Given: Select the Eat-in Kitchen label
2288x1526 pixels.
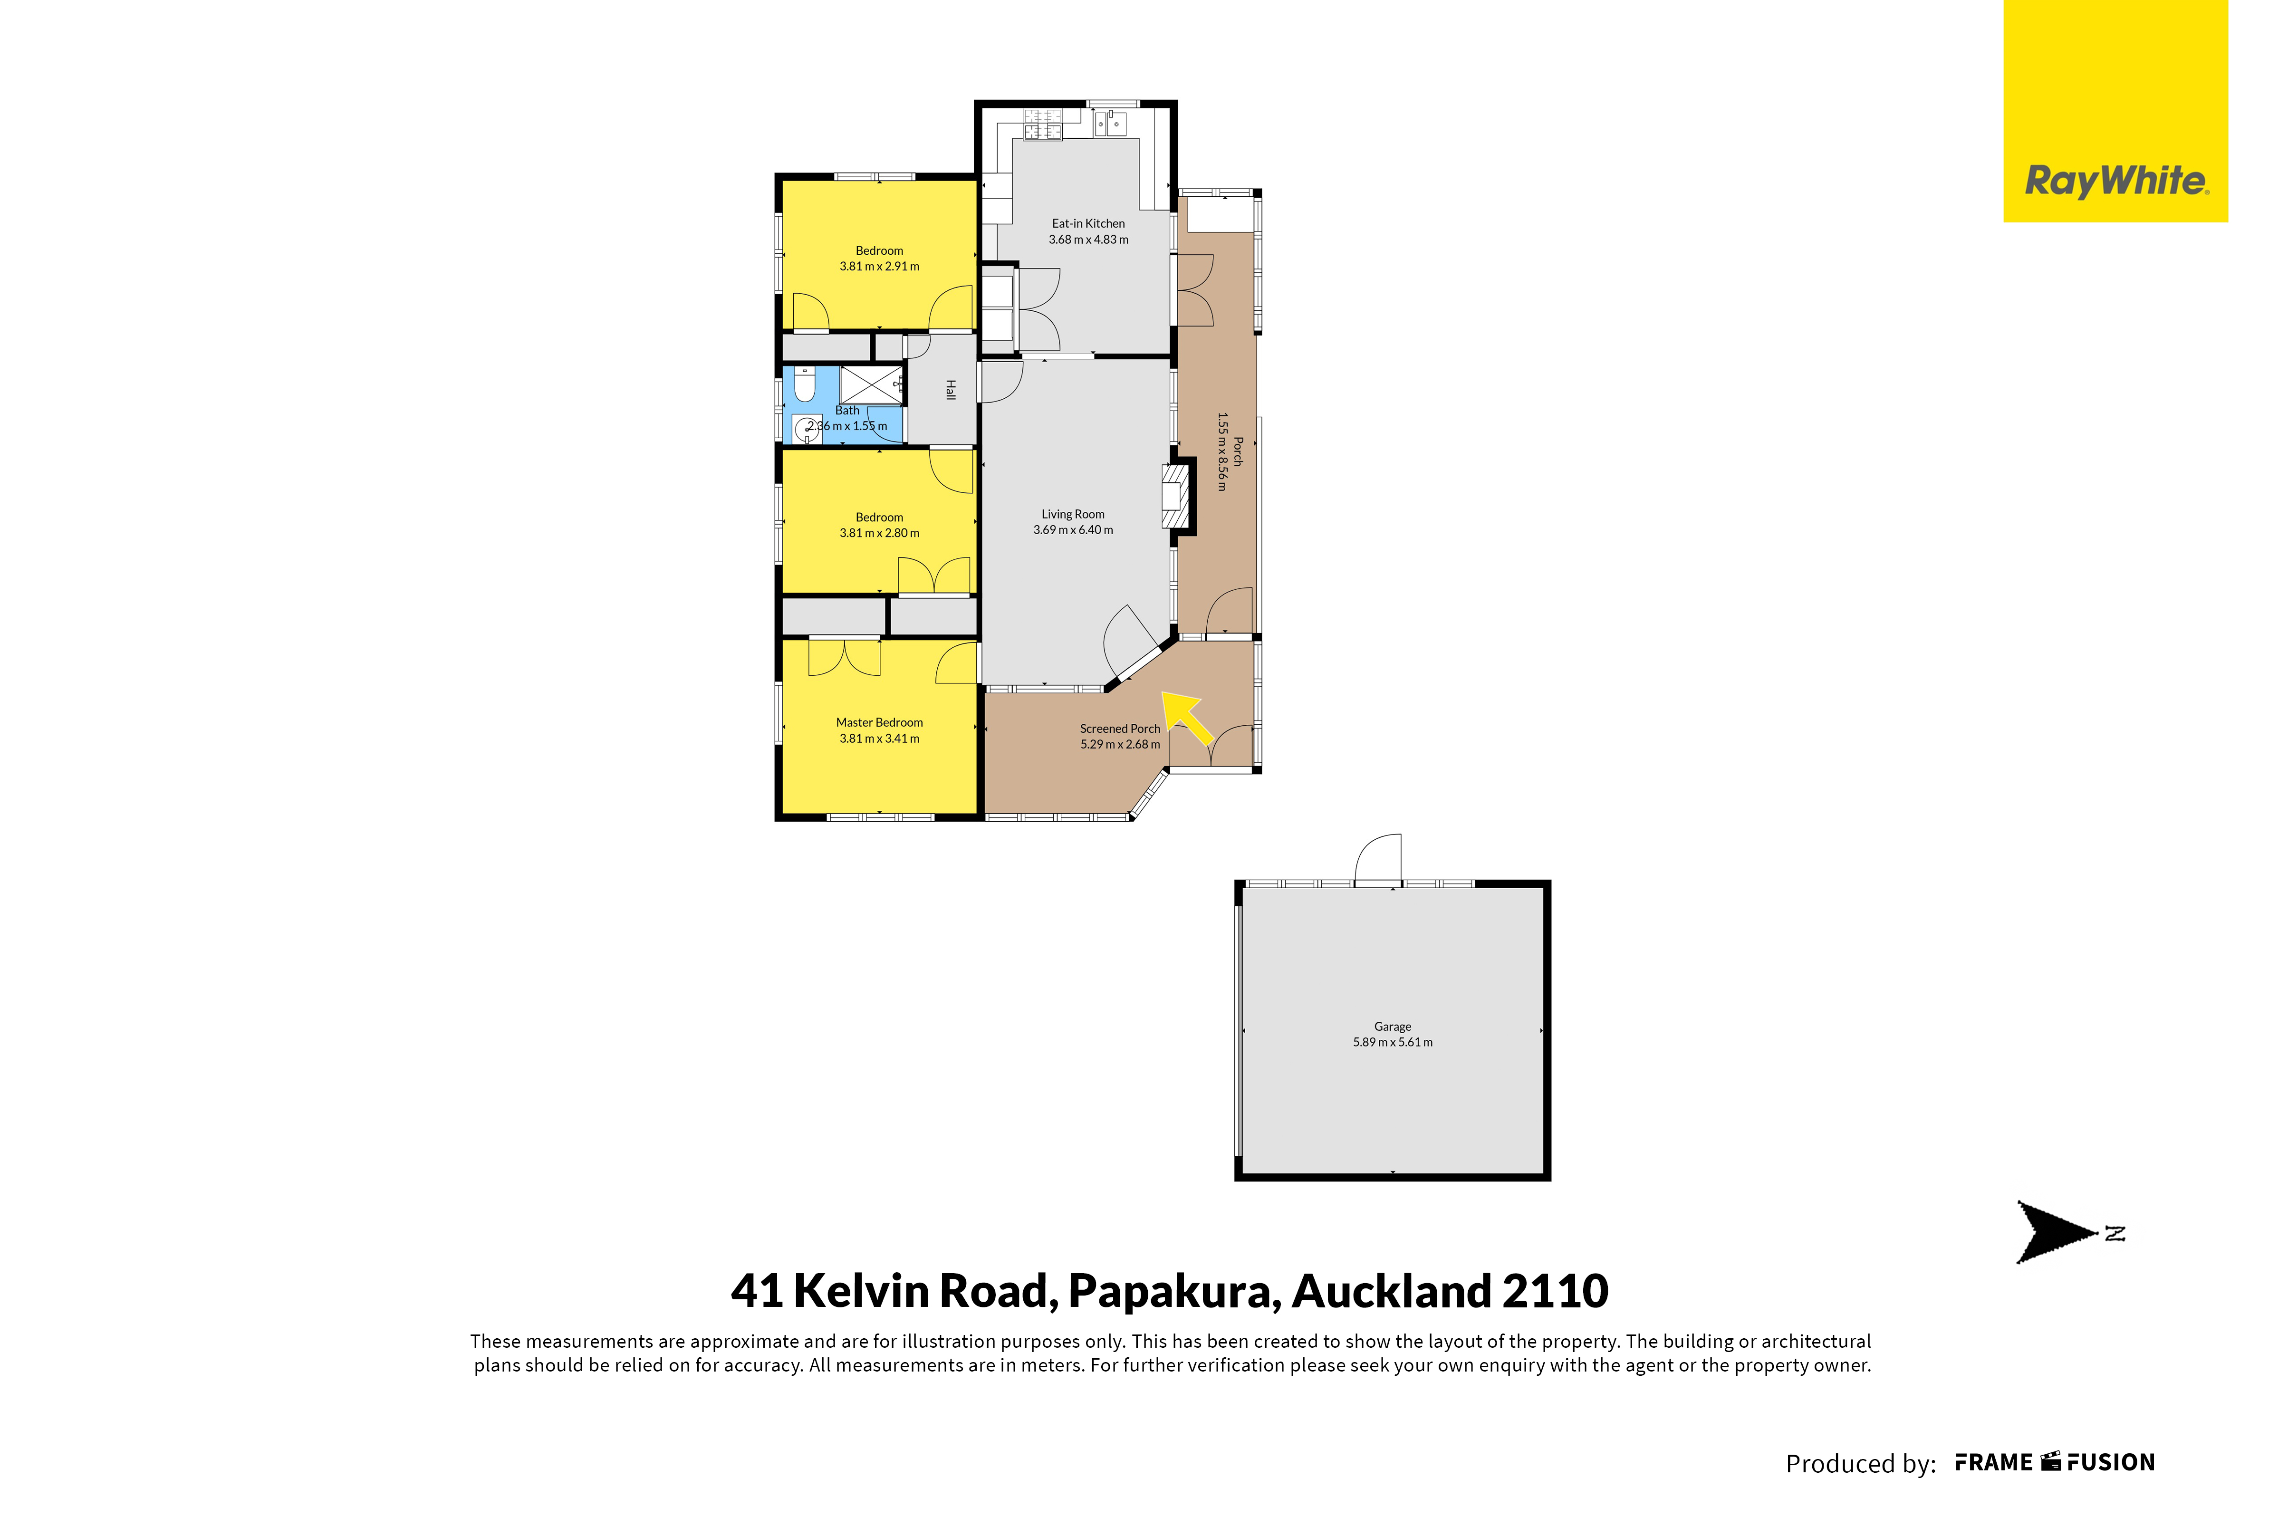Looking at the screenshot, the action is (1088, 223).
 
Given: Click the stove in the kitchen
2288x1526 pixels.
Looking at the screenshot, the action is (1042, 125).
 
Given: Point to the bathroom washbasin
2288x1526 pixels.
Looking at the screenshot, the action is (806, 427).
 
